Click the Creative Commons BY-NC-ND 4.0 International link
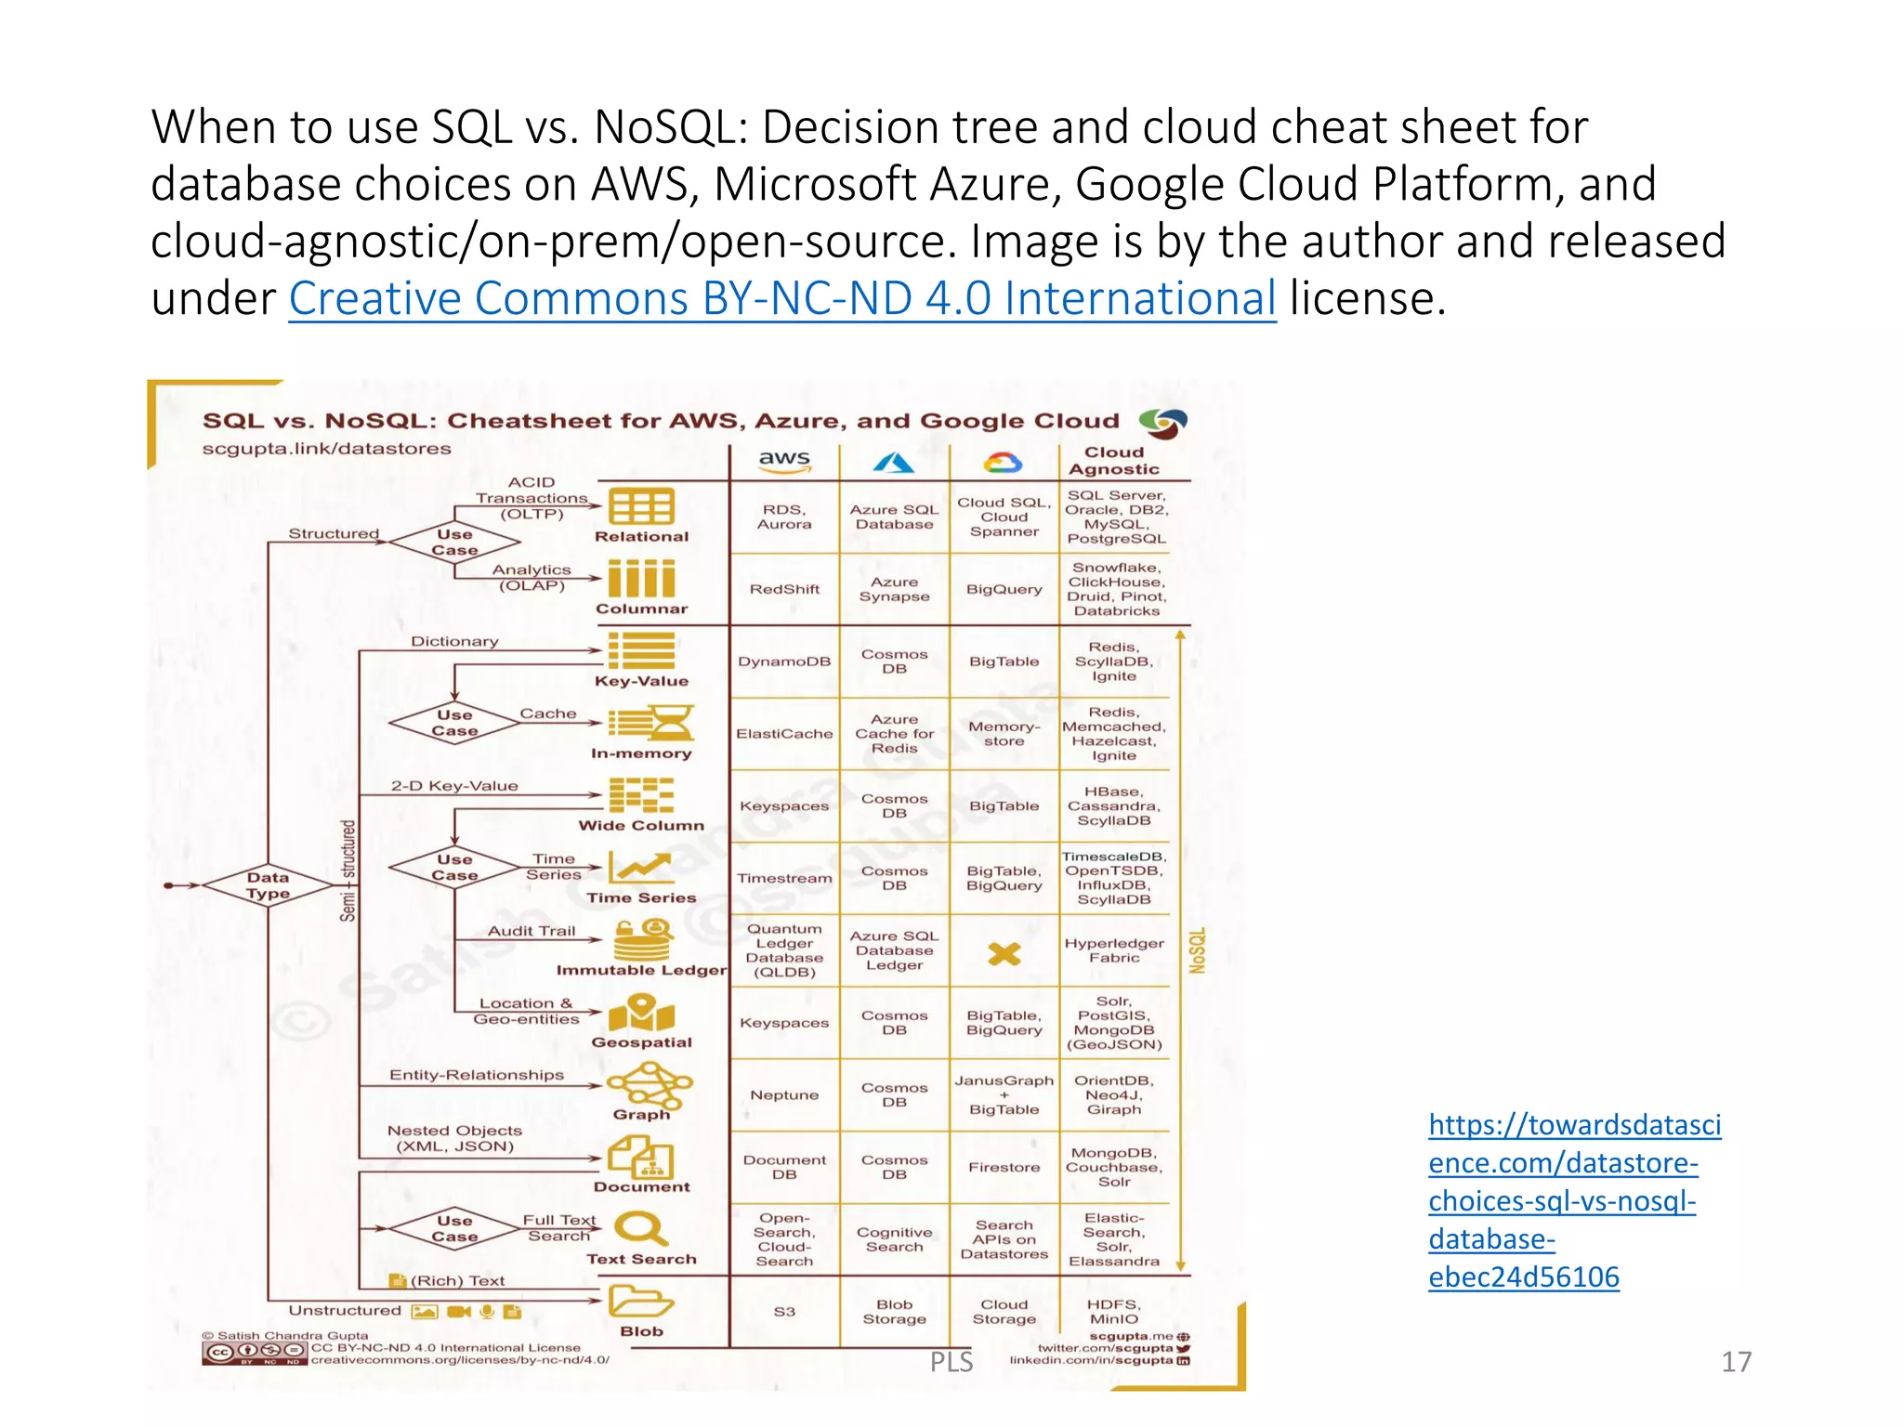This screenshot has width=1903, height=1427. (781, 299)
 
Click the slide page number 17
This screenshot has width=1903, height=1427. (1735, 1361)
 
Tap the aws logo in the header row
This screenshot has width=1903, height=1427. (784, 461)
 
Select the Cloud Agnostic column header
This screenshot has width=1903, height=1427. (1113, 461)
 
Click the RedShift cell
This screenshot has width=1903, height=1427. (784, 589)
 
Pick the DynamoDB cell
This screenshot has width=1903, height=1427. (784, 661)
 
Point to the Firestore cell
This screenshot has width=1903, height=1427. (1004, 1167)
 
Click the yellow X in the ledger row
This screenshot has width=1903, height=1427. (1004, 953)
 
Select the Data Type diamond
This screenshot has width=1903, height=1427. (268, 885)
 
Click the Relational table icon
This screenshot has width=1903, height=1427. (641, 507)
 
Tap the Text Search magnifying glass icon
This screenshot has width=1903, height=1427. (640, 1228)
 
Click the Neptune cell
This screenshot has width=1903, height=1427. (784, 1095)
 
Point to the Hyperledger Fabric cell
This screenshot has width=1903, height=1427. (1113, 950)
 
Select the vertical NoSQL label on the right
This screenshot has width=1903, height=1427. (1197, 949)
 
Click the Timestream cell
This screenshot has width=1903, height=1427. (784, 878)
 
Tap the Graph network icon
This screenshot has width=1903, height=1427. (649, 1084)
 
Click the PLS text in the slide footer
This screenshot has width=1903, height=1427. (951, 1361)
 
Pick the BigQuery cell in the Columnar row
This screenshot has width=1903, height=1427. (1004, 589)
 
